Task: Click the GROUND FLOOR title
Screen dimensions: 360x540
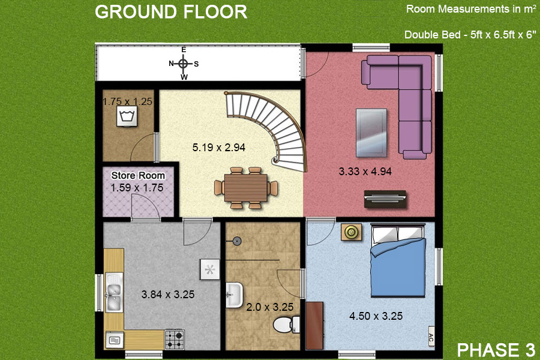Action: pyautogui.click(x=171, y=12)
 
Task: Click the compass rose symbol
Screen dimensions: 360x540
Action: pyautogui.click(x=184, y=63)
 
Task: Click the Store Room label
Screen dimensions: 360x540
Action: pyautogui.click(x=138, y=176)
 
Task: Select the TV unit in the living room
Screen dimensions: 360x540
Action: pyautogui.click(x=385, y=197)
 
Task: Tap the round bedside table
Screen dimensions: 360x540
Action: pyautogui.click(x=351, y=232)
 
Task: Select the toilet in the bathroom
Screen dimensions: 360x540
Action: pyautogui.click(x=284, y=325)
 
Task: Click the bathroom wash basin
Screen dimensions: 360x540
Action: pyautogui.click(x=234, y=295)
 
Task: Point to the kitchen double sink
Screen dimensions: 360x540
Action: pyautogui.click(x=113, y=292)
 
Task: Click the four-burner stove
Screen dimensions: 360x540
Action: pyautogui.click(x=174, y=339)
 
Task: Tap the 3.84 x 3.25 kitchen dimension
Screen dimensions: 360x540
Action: pyautogui.click(x=167, y=295)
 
